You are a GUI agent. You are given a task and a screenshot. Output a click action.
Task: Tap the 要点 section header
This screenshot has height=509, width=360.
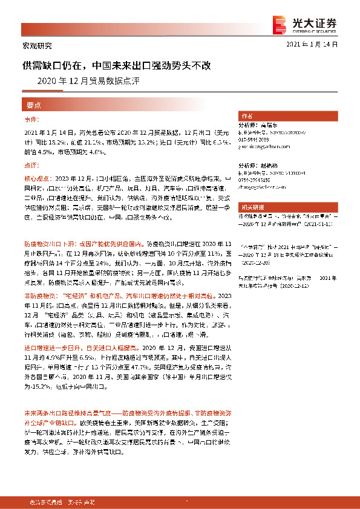point(33,104)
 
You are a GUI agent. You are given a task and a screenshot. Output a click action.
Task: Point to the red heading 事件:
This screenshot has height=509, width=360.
point(31,120)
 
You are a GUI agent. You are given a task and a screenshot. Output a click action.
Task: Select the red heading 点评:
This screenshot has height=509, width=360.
point(31,164)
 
